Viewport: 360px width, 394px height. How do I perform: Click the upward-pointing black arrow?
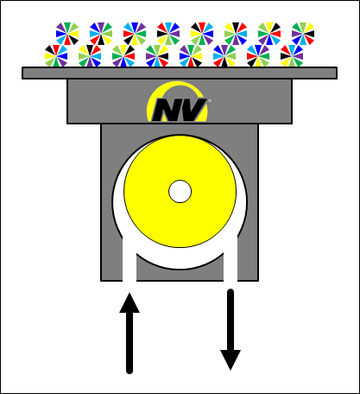tap(129, 334)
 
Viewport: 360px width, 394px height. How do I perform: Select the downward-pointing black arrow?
tap(231, 329)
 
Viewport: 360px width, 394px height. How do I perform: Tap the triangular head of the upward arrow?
tap(129, 303)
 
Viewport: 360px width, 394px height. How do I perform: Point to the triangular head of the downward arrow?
tap(231, 360)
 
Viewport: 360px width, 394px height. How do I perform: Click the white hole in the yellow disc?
tap(180, 192)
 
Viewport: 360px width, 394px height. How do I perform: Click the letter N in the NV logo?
tap(167, 110)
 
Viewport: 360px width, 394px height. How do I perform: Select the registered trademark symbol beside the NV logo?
tap(210, 100)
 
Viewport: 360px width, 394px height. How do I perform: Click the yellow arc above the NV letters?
tap(178, 85)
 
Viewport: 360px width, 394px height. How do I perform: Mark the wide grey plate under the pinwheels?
tap(180, 73)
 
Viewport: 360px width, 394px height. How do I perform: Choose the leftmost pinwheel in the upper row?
tap(67, 34)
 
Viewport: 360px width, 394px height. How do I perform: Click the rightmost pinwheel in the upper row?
tap(303, 34)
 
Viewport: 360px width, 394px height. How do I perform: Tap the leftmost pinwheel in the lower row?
tap(56, 56)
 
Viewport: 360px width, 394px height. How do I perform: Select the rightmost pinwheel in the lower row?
tap(292, 56)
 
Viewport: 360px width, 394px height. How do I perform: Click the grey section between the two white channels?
tap(180, 275)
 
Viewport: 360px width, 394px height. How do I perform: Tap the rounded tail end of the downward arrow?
tap(231, 292)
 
